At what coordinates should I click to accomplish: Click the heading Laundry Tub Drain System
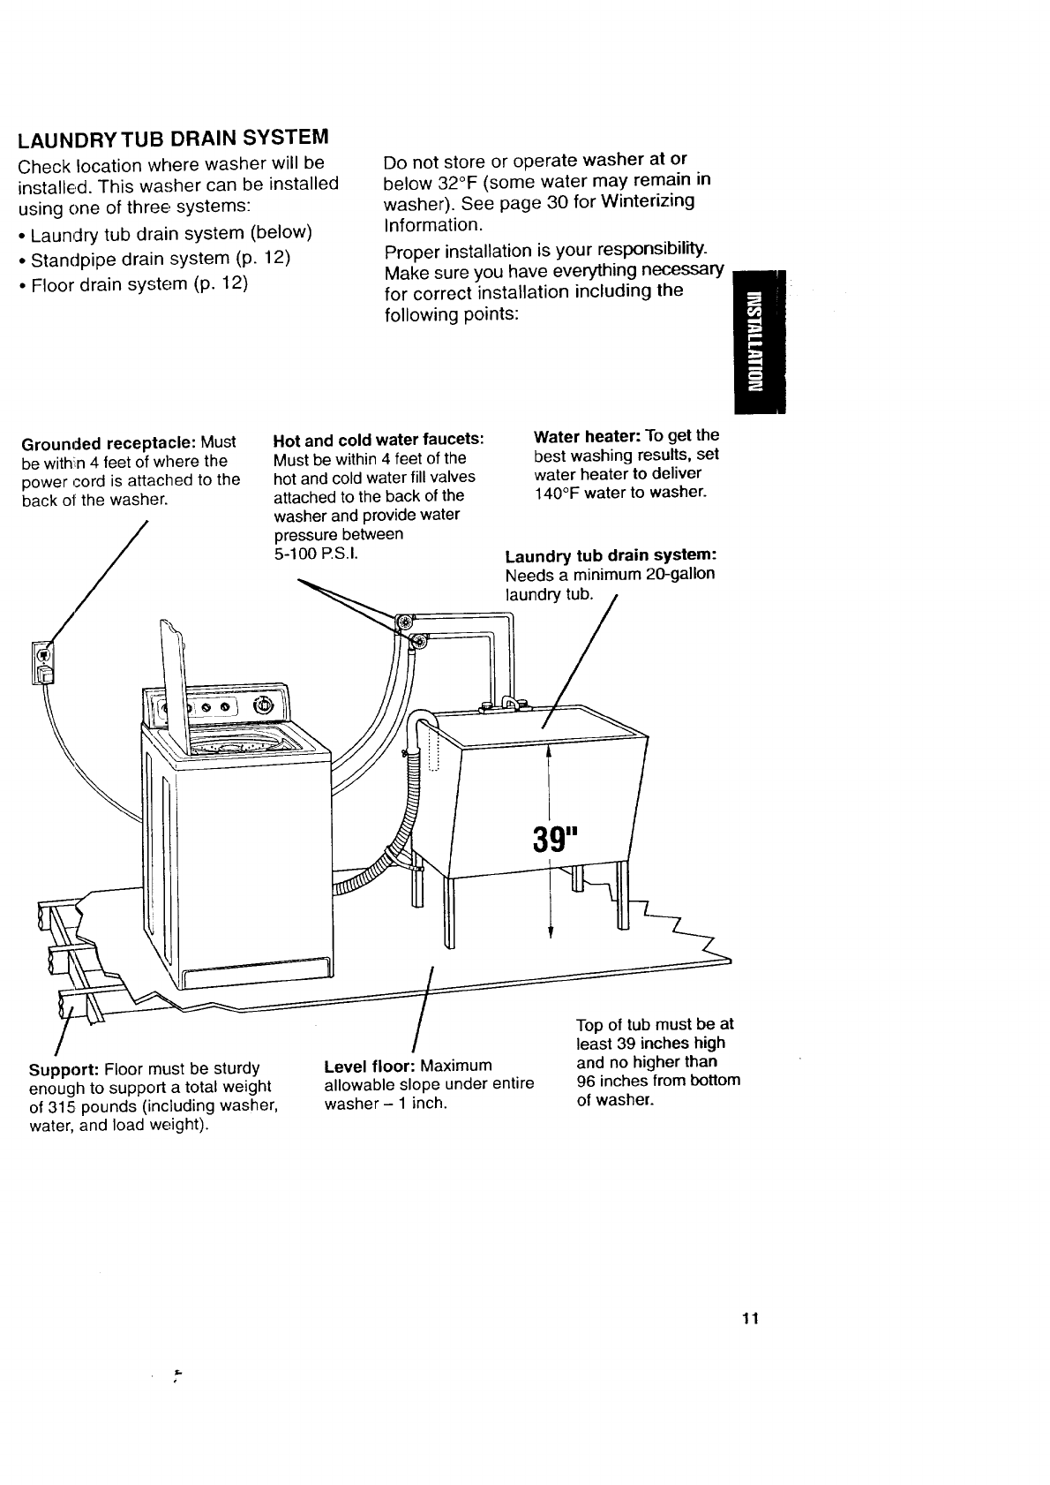coord(173,139)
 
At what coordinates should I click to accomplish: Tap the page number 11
coord(750,1319)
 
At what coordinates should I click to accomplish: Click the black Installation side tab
coord(756,339)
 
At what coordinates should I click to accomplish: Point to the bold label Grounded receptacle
coord(107,442)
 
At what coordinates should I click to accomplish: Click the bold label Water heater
coord(587,435)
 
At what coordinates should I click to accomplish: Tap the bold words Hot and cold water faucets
coord(379,440)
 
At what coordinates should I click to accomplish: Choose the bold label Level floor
coord(370,1065)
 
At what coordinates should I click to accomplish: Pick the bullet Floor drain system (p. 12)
coord(139,283)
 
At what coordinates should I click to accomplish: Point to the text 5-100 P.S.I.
coord(315,554)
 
